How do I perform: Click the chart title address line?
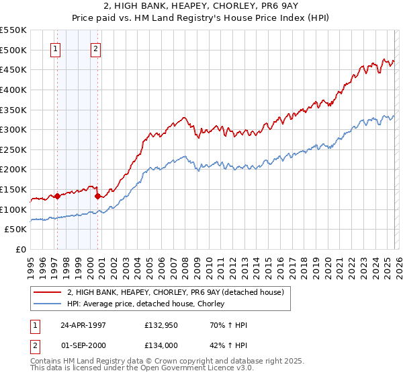(201, 6)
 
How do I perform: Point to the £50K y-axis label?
(15, 230)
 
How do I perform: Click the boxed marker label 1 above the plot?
(54, 48)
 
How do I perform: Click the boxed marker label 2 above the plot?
(95, 48)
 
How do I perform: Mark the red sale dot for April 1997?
(57, 197)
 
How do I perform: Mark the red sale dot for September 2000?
(97, 196)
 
